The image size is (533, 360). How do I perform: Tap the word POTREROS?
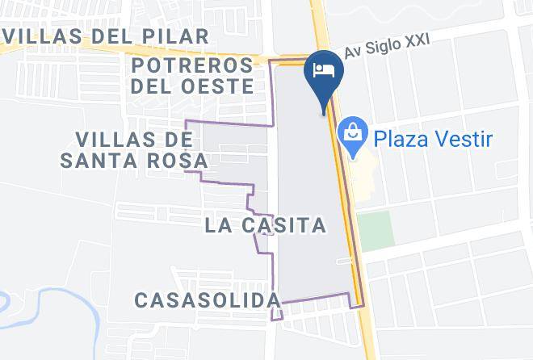pos(194,65)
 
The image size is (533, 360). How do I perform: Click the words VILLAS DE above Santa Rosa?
pos(134,139)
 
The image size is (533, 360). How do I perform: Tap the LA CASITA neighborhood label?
pos(266,224)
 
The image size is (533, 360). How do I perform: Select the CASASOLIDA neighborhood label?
pos(208,300)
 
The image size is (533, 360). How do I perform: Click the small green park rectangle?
pos(376,229)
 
